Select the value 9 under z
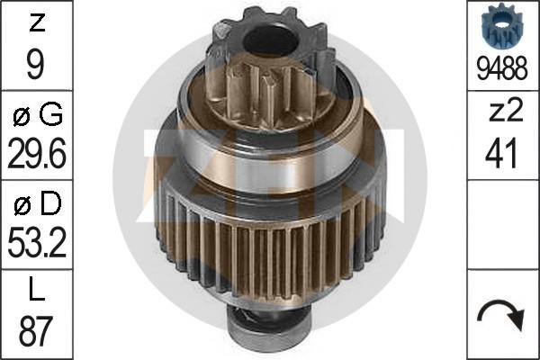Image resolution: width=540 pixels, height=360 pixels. (35, 64)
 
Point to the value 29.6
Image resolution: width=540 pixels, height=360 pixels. (35, 154)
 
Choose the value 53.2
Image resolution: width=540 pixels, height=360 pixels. (35, 244)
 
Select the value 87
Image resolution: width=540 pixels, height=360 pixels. (35, 334)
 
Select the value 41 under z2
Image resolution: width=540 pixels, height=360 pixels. (503, 154)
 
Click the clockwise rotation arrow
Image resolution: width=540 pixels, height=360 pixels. (503, 316)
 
